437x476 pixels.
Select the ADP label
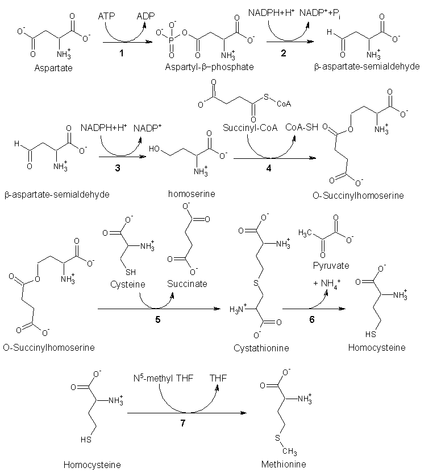click(x=146, y=18)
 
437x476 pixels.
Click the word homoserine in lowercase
click(x=192, y=194)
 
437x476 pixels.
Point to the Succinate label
click(x=187, y=284)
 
